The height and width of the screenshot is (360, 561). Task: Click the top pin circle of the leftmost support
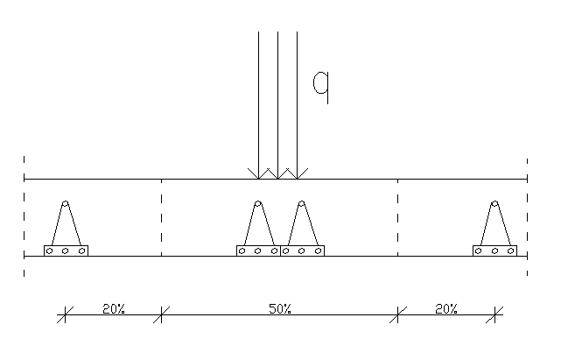[x=65, y=204]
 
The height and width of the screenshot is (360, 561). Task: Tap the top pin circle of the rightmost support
[x=494, y=204]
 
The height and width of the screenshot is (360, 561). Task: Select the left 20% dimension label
[x=114, y=309]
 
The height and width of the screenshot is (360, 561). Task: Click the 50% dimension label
[x=280, y=309]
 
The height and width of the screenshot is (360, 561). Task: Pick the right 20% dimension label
[x=446, y=309]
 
